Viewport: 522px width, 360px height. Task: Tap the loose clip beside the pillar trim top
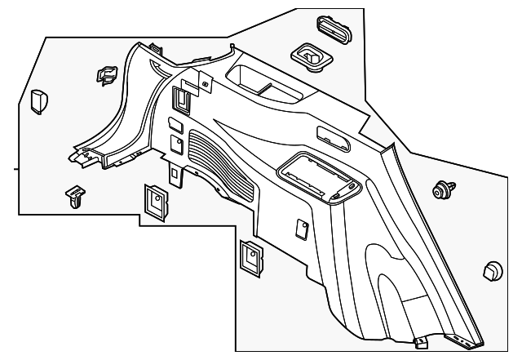[105, 75]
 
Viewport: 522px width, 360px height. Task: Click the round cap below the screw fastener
[493, 272]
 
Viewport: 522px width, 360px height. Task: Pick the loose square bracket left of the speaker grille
[153, 200]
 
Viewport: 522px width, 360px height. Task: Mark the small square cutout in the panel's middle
[299, 226]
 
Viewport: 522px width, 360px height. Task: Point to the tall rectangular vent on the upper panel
[182, 99]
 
